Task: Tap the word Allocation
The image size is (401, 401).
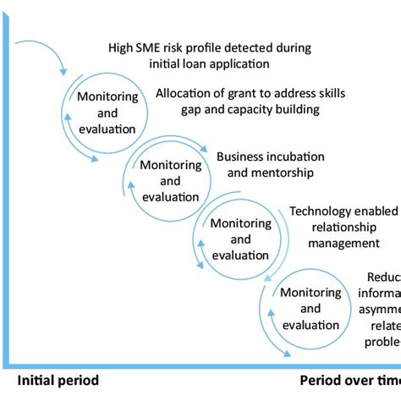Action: (x=186, y=94)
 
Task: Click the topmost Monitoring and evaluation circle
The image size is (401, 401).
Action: (x=106, y=114)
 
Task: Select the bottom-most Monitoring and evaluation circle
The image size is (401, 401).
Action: (x=310, y=307)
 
